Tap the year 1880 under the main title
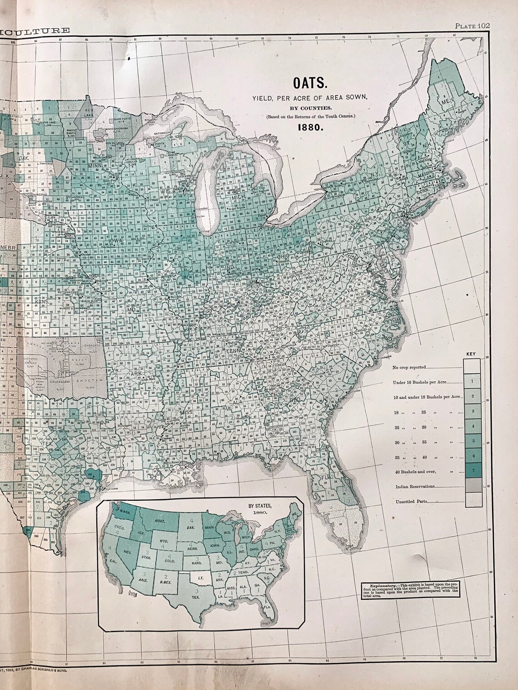pyautogui.click(x=310, y=128)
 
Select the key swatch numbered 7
pyautogui.click(x=473, y=471)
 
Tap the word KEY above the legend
pyautogui.click(x=472, y=353)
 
